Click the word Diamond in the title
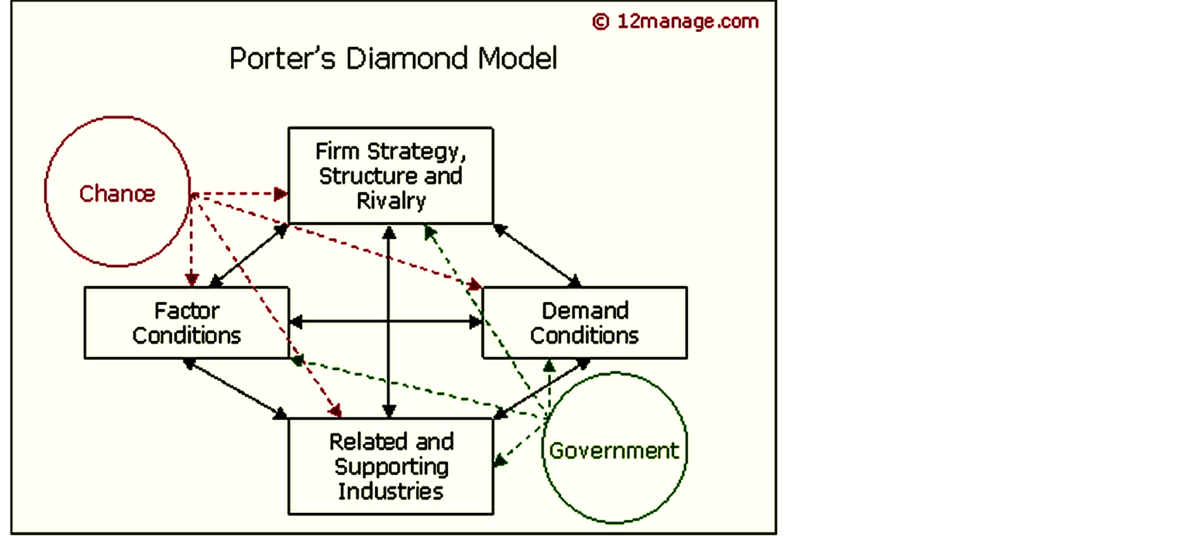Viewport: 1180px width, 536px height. click(x=407, y=58)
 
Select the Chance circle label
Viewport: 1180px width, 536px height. click(x=117, y=193)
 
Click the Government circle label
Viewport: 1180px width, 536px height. click(x=614, y=450)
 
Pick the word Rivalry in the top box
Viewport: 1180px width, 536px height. click(x=391, y=201)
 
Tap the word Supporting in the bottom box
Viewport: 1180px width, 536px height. click(x=391, y=467)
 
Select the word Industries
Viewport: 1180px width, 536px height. click(x=391, y=491)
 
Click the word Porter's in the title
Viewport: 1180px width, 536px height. click(x=282, y=58)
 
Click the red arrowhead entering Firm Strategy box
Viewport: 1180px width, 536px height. click(x=280, y=193)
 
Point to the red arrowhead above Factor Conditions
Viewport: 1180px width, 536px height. click(x=192, y=279)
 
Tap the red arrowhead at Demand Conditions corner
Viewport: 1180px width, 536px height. click(x=474, y=284)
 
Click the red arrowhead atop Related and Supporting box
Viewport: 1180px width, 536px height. click(x=335, y=410)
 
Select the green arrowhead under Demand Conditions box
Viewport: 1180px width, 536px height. click(x=549, y=366)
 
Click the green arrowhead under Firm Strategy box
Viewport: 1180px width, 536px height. click(x=430, y=231)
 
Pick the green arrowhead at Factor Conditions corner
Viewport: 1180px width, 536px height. click(x=297, y=360)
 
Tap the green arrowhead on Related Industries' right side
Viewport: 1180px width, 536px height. click(x=500, y=461)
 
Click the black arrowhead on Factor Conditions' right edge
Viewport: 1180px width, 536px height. click(x=296, y=322)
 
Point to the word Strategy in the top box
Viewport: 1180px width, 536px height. click(x=416, y=152)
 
